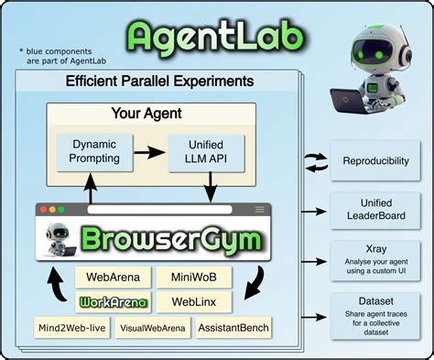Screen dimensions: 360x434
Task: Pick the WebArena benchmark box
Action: point(111,277)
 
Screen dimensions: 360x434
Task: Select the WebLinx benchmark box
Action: point(193,300)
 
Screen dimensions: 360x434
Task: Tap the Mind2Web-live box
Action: point(72,327)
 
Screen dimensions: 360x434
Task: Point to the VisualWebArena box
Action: point(152,327)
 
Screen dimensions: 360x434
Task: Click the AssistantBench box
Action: point(233,327)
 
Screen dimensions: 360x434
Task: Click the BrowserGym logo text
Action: point(174,239)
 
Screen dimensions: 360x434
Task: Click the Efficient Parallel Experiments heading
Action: point(160,82)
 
